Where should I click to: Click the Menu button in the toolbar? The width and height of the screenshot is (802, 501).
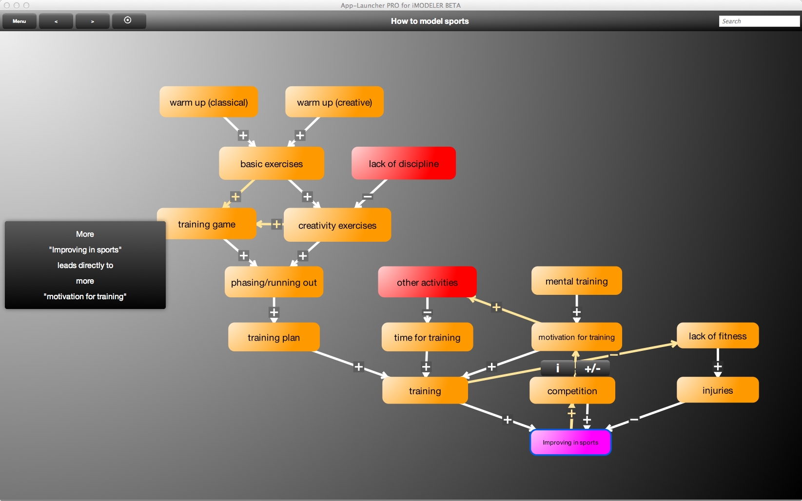click(20, 21)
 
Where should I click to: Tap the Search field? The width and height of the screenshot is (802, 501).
click(759, 21)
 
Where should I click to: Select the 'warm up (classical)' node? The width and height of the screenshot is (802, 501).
click(209, 102)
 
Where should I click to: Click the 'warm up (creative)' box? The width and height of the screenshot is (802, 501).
click(334, 102)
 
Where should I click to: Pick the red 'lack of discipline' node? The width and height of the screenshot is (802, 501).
click(404, 164)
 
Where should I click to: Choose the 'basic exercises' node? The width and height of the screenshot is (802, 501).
click(272, 164)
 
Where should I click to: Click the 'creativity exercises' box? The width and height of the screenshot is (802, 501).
click(337, 225)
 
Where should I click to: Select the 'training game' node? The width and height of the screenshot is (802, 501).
click(207, 224)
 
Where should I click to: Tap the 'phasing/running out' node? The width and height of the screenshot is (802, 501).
click(274, 282)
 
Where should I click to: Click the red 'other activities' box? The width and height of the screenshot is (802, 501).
click(427, 282)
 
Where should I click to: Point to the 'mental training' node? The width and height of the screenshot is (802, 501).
click(576, 281)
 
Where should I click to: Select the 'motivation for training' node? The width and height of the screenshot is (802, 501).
click(576, 337)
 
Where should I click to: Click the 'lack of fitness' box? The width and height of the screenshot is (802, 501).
click(718, 336)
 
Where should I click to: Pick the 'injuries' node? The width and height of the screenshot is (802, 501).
click(718, 390)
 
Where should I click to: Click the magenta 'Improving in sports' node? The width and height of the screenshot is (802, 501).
click(570, 443)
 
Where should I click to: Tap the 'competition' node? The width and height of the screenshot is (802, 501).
click(572, 391)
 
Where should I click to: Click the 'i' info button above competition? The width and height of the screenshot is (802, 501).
click(558, 368)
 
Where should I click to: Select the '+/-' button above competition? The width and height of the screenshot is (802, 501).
click(592, 368)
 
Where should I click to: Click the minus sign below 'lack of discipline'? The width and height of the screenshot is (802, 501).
click(368, 197)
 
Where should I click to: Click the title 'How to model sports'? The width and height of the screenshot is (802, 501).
click(430, 21)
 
